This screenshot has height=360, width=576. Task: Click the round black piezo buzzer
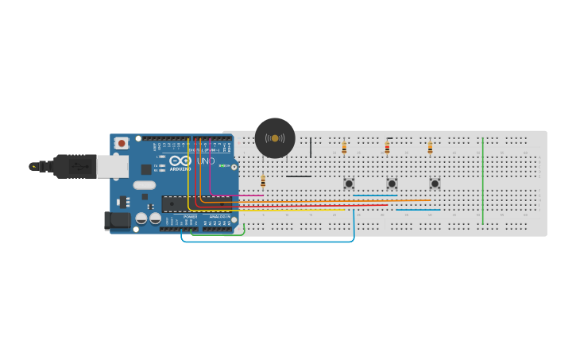click(x=275, y=138)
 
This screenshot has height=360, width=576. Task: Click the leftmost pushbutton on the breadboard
click(x=349, y=184)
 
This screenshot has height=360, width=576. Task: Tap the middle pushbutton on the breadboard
click(x=392, y=184)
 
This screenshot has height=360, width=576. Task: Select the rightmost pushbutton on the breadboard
click(x=435, y=184)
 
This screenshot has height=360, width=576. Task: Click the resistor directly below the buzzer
click(x=263, y=181)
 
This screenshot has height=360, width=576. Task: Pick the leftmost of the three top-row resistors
click(x=344, y=147)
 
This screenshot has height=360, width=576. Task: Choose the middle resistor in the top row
click(x=387, y=147)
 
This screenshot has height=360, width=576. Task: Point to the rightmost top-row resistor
click(x=430, y=147)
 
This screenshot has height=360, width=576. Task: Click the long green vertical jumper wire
click(x=482, y=181)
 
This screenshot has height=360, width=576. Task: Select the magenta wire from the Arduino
click(x=238, y=195)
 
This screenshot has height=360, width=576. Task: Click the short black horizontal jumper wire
click(x=299, y=176)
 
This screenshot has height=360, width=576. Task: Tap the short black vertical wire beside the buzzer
click(x=311, y=147)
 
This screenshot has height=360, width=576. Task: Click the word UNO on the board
click(x=205, y=161)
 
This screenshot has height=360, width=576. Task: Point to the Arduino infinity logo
click(x=180, y=161)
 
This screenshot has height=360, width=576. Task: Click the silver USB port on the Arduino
click(x=112, y=166)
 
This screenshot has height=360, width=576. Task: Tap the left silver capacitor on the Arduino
click(x=141, y=219)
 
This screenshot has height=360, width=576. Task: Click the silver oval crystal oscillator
click(x=145, y=185)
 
